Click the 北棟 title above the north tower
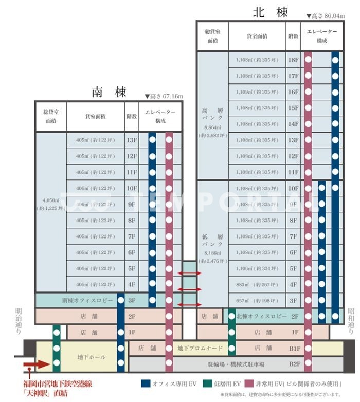(270, 12)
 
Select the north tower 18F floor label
(294, 60)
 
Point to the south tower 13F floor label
(132, 140)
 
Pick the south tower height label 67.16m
(164, 96)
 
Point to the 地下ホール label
(91, 357)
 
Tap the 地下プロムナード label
(200, 348)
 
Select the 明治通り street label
(20, 318)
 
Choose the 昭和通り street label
(351, 318)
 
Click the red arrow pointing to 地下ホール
(36, 364)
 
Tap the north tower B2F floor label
(294, 364)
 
